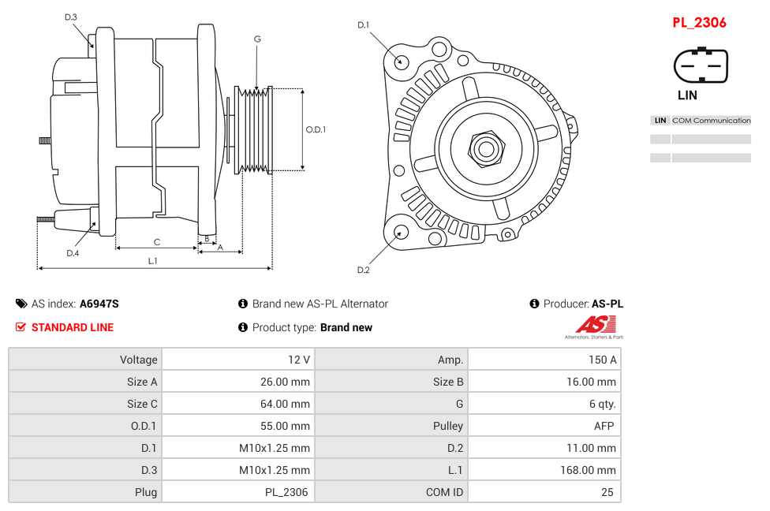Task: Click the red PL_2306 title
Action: (x=699, y=23)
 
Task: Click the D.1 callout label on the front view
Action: (x=363, y=25)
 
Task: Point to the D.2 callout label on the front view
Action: (x=363, y=270)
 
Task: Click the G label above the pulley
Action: (x=257, y=39)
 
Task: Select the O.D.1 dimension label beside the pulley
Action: (x=316, y=129)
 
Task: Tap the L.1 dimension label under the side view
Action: (x=152, y=261)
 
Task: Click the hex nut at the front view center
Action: (x=486, y=147)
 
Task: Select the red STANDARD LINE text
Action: (x=72, y=327)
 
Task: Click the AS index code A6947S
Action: (x=99, y=304)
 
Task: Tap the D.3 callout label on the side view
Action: (x=70, y=17)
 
